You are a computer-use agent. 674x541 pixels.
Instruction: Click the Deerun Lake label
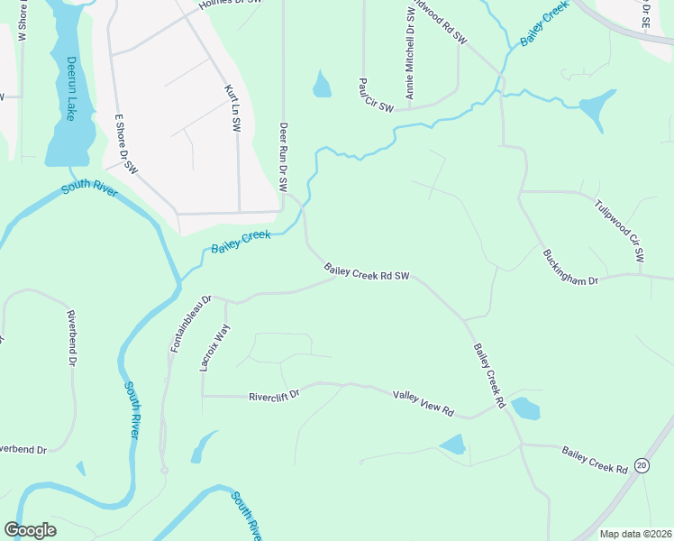[69, 89]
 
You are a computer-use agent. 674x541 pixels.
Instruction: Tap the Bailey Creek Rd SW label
[367, 271]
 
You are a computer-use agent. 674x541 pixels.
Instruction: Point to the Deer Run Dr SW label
[283, 157]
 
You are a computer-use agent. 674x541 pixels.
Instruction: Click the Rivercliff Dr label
[273, 395]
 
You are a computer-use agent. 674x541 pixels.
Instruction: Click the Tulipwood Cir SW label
[618, 230]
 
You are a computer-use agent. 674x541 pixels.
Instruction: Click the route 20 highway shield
[642, 465]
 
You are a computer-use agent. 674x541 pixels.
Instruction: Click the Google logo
[30, 530]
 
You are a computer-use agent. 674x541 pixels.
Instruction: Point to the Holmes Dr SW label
[231, 4]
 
